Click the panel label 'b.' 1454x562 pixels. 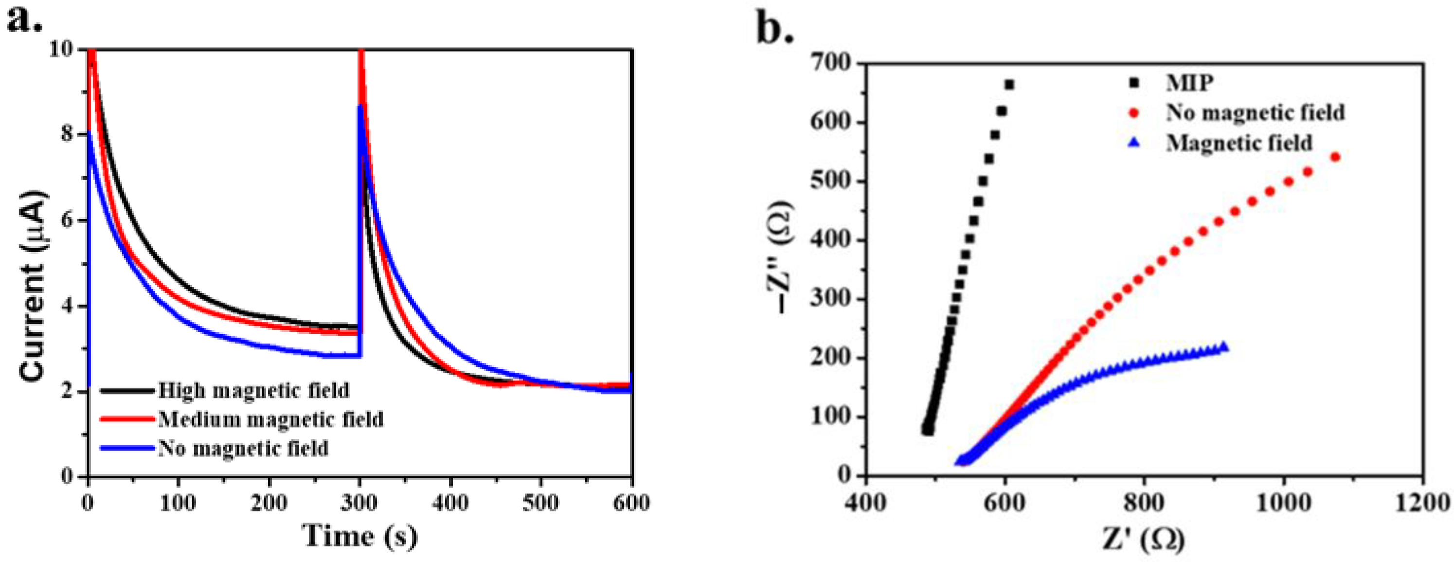[775, 29]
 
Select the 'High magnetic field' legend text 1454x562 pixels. [253, 391]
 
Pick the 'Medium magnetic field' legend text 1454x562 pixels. [270, 419]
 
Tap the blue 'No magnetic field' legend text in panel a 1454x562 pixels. [243, 449]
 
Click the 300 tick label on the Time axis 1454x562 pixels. [360, 502]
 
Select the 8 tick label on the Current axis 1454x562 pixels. [68, 134]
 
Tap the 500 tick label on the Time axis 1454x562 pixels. [541, 502]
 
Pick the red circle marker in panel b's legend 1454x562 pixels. [1134, 113]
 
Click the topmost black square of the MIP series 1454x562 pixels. [1009, 85]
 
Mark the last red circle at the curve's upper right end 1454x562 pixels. [1335, 157]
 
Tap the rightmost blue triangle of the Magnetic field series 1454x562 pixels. [1224, 347]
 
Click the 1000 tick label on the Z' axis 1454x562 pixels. [1284, 502]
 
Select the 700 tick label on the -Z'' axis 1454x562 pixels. [830, 63]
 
